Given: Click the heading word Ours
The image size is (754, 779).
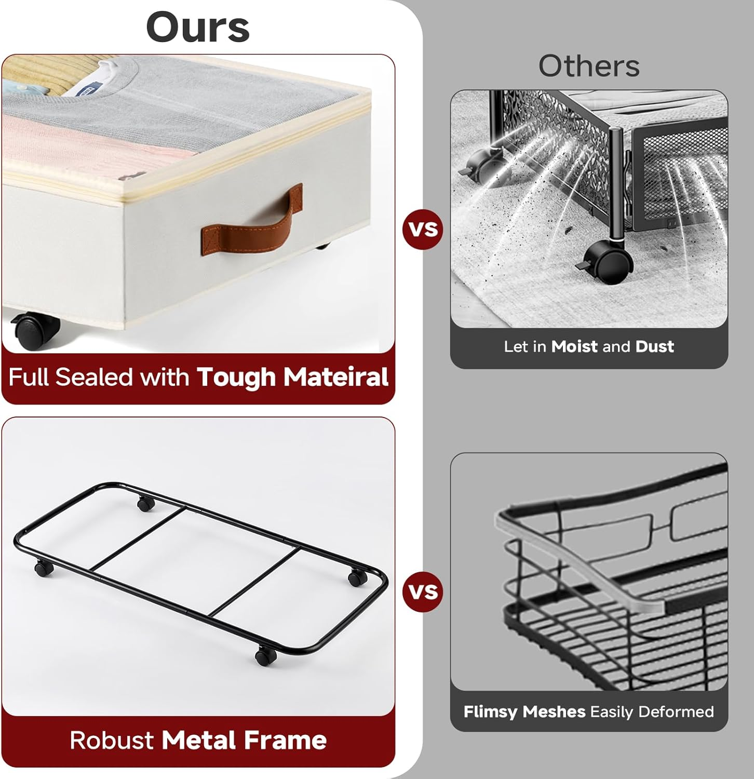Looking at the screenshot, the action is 198,27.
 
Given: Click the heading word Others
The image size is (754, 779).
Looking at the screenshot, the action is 589,66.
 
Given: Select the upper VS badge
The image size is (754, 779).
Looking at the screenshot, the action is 423,229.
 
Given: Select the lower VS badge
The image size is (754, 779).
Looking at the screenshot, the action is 423,592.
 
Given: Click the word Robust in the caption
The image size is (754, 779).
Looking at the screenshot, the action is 112,741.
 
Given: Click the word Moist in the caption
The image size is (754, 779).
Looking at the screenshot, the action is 574,346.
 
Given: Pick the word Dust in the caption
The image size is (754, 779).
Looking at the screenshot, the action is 654,346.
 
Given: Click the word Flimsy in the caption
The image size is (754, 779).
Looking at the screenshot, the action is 491,712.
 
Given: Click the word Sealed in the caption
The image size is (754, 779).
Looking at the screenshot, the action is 97,377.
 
